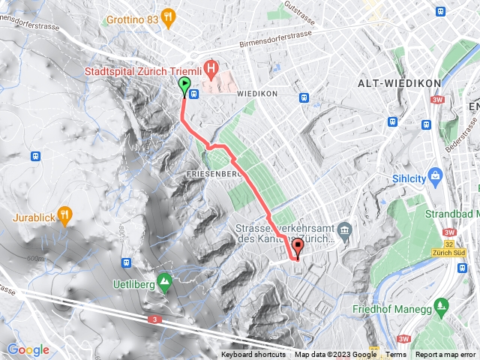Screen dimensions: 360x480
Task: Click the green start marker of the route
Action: click(185, 86)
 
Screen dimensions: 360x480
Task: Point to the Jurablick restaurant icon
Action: click(65, 215)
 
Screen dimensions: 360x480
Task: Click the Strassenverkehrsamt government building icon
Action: click(344, 228)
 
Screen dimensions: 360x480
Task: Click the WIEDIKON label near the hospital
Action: click(257, 94)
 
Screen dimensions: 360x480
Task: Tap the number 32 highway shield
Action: click(448, 243)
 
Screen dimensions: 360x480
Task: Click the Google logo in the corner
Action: click(28, 349)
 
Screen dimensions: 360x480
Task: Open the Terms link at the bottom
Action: click(396, 355)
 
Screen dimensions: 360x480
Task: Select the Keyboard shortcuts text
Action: click(253, 355)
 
